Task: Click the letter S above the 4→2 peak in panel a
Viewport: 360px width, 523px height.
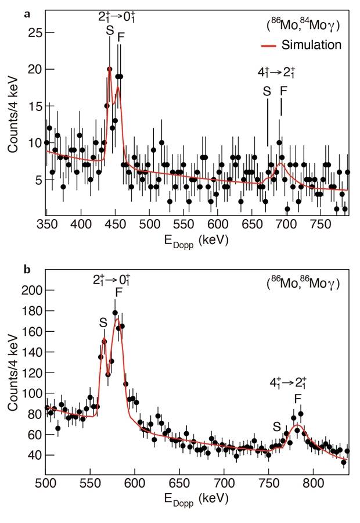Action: (x=267, y=91)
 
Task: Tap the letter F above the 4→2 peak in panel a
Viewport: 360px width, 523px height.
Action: (x=283, y=91)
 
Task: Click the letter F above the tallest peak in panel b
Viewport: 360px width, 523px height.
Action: (x=118, y=292)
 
